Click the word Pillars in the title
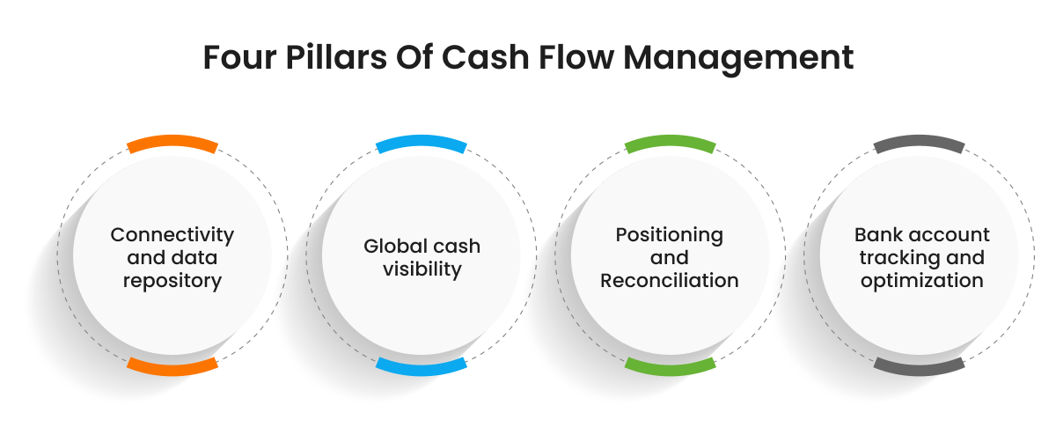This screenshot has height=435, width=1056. (336, 57)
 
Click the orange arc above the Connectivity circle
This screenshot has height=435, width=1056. (172, 142)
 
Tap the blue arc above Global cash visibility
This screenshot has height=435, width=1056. (422, 142)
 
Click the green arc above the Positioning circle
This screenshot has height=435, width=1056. (671, 142)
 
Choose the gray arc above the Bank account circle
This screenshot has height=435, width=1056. (920, 142)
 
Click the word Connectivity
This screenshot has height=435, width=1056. (172, 235)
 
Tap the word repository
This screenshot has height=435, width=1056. (172, 282)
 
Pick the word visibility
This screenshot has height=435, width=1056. (422, 269)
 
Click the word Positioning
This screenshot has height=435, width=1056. (670, 235)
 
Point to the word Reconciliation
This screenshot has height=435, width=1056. (670, 281)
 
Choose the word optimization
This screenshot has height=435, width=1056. (922, 282)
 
